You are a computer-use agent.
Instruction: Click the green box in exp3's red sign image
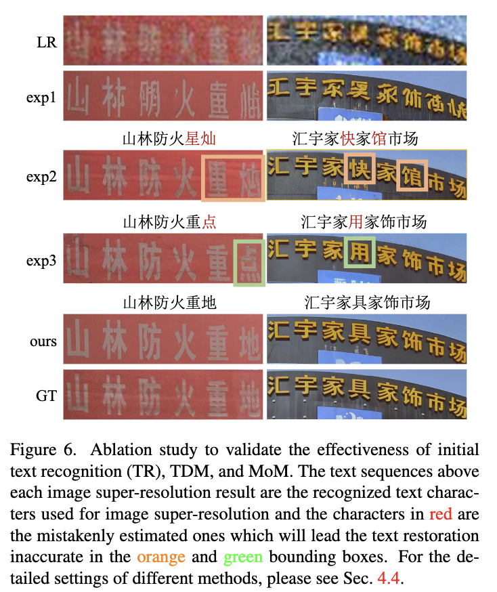[248, 261]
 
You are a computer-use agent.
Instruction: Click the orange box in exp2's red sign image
[233, 177]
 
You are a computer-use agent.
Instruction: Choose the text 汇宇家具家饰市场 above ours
[367, 302]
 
